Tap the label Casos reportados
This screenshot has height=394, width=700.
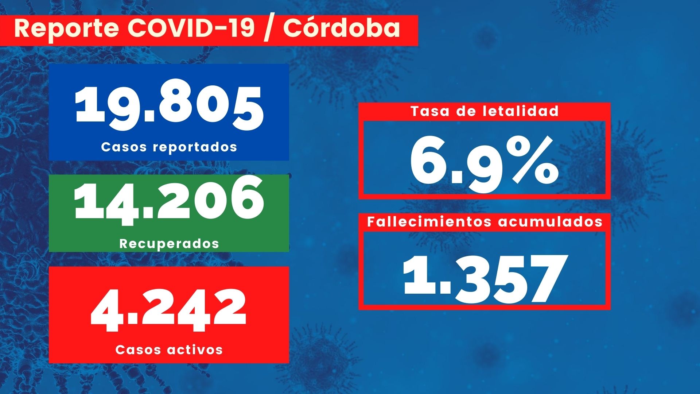tap(169, 147)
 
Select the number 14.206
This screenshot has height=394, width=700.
tap(169, 200)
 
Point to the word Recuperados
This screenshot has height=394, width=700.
tap(169, 243)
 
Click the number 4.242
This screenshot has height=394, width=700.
tap(169, 310)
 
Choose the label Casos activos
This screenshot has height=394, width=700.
tap(169, 349)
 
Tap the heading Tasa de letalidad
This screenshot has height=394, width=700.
tap(484, 111)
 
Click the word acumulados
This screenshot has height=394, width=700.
tap(550, 221)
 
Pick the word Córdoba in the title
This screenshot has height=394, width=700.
tap(342, 28)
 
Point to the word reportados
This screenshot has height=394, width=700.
tap(195, 147)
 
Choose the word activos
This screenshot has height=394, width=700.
tap(195, 349)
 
